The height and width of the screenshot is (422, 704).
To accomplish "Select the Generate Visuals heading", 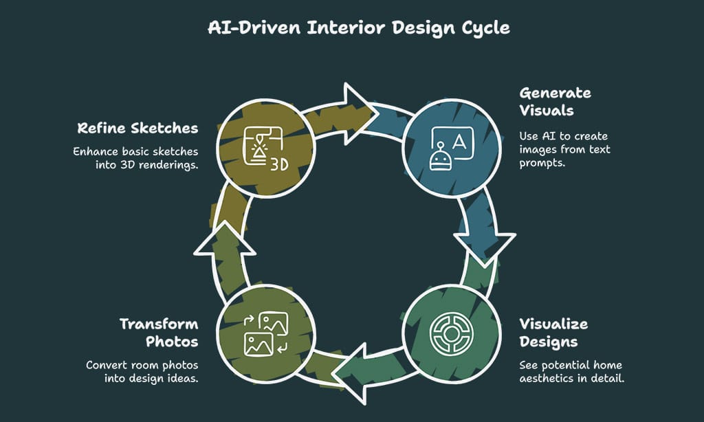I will click(555, 101).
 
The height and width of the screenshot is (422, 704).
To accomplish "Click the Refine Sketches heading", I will click(137, 128).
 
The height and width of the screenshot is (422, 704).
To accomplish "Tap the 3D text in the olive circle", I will click(278, 165).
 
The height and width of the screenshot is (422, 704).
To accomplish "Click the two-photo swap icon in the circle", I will click(265, 333).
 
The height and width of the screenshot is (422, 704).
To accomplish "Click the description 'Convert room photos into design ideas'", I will click(142, 371).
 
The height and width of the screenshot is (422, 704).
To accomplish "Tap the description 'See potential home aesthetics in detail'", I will click(571, 371).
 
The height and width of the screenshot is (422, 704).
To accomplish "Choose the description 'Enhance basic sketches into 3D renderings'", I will click(135, 158).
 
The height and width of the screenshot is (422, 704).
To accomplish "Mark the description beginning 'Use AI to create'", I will click(564, 149).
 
